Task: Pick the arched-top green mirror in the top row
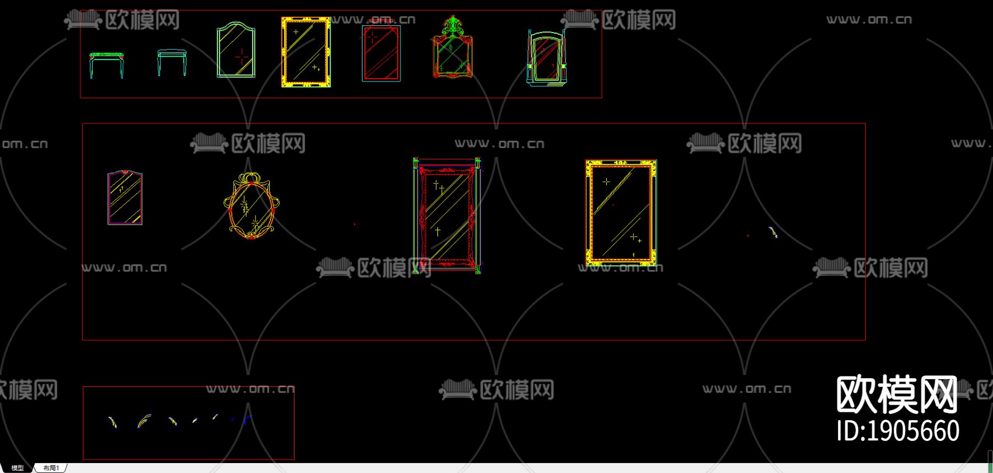[x=236, y=50]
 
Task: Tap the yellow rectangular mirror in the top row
[x=306, y=52]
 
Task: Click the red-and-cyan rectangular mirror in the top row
[x=381, y=53]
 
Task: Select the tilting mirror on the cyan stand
[x=547, y=57]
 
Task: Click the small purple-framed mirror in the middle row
[x=125, y=198]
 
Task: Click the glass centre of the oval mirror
[x=251, y=208]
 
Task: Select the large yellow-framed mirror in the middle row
[x=621, y=213]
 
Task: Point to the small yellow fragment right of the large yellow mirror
[x=773, y=232]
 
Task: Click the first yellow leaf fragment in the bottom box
[x=113, y=422]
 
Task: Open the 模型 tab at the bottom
[x=18, y=468]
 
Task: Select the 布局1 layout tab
[x=51, y=468]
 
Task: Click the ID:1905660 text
[x=898, y=431]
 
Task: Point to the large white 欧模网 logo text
[x=896, y=394]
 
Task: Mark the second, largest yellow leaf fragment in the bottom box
[x=143, y=421]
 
